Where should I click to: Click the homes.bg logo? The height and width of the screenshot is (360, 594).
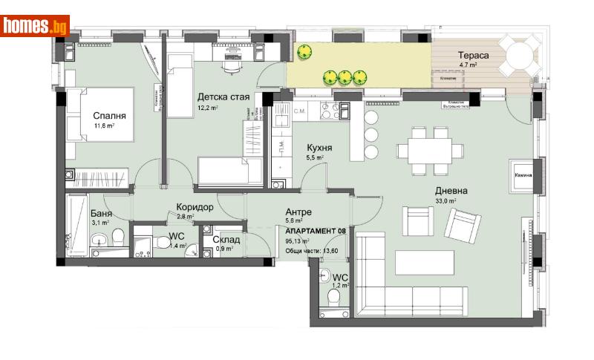[x=36, y=26]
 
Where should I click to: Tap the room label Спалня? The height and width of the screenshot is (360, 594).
[x=109, y=116]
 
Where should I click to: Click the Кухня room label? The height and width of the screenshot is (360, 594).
[x=319, y=147]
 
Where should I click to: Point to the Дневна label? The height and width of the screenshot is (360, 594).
[x=451, y=190]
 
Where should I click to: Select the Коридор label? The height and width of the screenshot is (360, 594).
[x=195, y=207]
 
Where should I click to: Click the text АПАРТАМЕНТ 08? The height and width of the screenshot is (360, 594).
[x=316, y=231]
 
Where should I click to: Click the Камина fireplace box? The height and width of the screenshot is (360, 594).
[x=520, y=175]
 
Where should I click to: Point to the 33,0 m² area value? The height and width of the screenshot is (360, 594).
[x=446, y=200]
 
